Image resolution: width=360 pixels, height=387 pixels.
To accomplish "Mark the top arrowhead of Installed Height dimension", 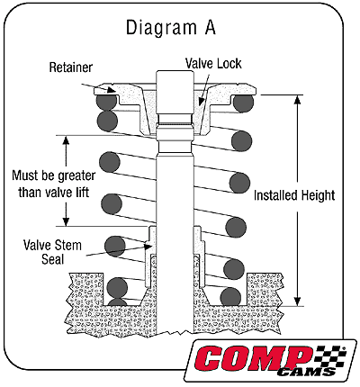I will (297, 100).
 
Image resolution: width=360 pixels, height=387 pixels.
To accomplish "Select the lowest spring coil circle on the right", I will (230, 294).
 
